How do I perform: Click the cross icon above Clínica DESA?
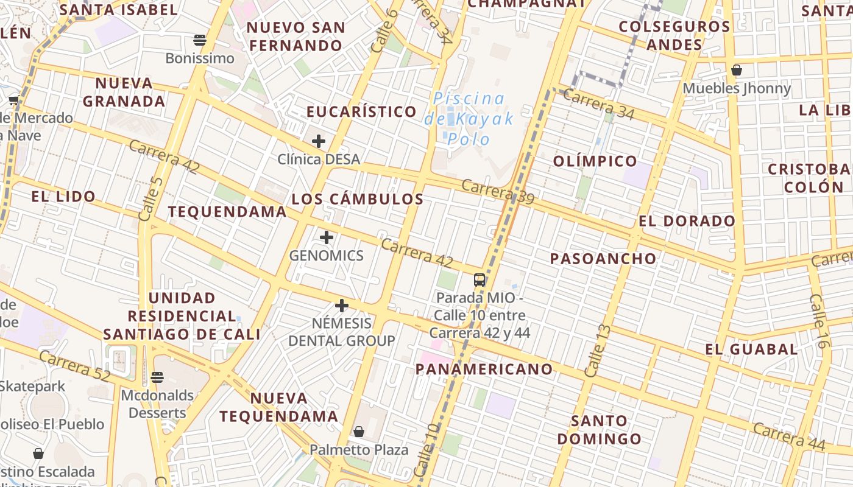(x=318, y=142)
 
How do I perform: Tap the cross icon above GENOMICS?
(x=327, y=237)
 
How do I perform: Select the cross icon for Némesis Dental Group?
(x=342, y=305)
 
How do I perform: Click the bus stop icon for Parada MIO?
(x=480, y=280)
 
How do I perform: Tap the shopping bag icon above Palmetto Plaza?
(x=359, y=432)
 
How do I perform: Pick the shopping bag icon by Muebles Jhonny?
(x=737, y=70)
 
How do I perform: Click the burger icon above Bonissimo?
(x=200, y=40)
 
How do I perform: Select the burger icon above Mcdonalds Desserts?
(x=157, y=377)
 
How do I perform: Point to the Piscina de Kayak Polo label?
(x=469, y=119)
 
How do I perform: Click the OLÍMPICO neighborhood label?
(x=595, y=161)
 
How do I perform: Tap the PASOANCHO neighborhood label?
(x=603, y=259)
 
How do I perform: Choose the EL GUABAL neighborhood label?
(x=751, y=349)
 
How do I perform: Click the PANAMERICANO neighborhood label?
(x=484, y=369)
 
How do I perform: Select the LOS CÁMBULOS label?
(x=357, y=199)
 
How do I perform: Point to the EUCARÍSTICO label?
(x=361, y=112)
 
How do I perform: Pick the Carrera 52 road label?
(x=74, y=366)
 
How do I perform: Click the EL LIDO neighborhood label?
(x=63, y=197)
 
